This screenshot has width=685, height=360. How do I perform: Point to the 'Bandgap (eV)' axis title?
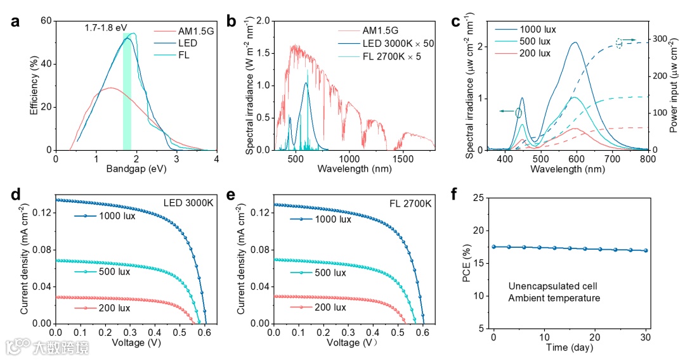tap(136, 170)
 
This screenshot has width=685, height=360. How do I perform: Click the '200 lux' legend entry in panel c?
tap(535, 53)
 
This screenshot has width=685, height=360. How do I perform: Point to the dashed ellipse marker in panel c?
tap(618, 43)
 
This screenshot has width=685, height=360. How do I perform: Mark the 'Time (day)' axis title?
tap(570, 347)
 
